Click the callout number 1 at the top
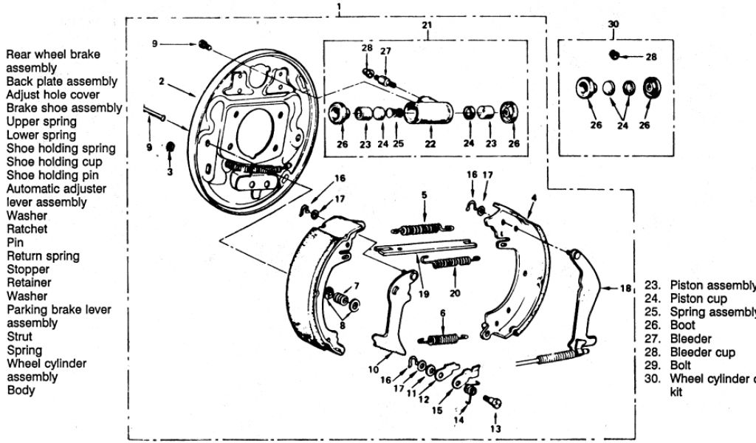click(338, 8)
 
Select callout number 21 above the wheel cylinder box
click(427, 25)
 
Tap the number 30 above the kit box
click(613, 24)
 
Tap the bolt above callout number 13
click(492, 402)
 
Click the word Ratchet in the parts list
click(27, 229)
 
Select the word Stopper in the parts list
click(27, 269)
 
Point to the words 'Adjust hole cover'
click(52, 95)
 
